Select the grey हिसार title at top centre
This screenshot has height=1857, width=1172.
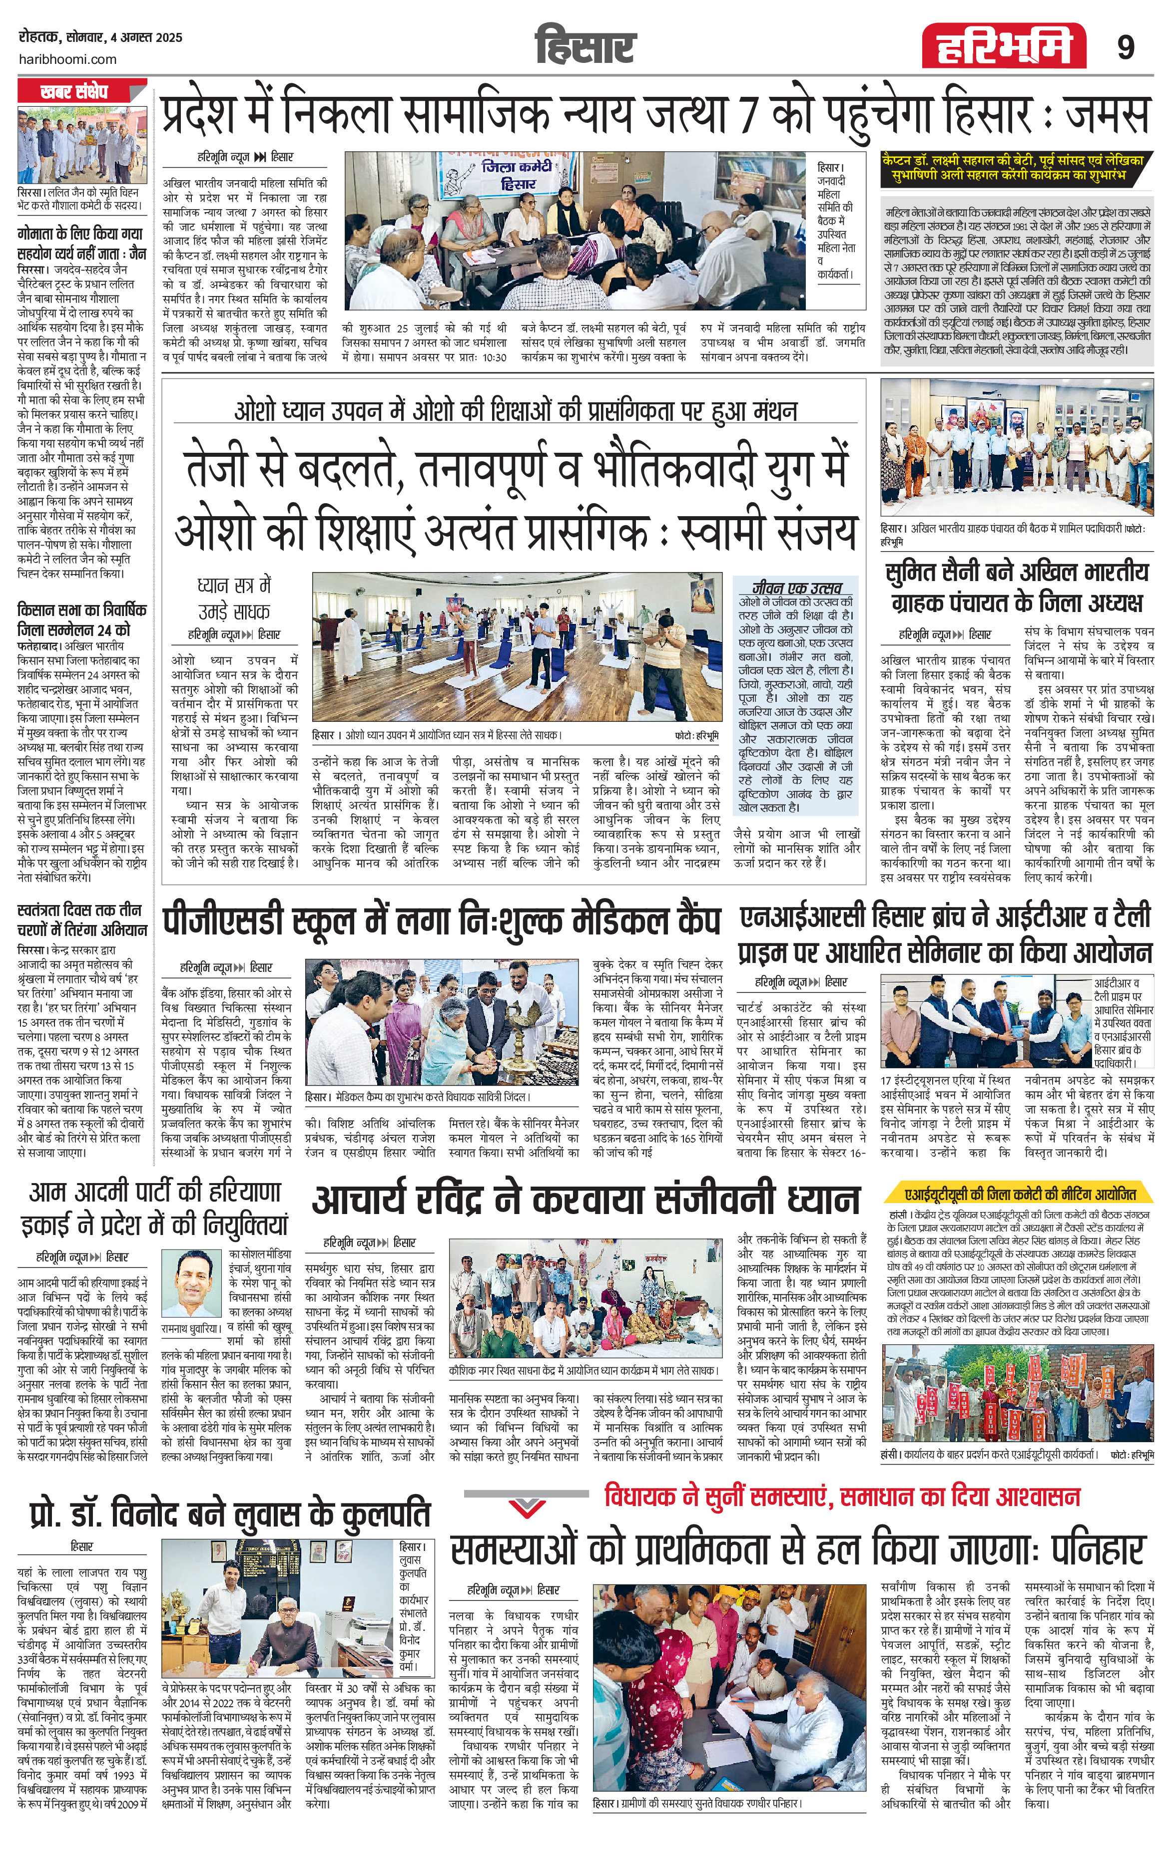click(x=586, y=46)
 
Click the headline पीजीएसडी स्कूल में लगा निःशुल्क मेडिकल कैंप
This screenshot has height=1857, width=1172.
click(x=441, y=922)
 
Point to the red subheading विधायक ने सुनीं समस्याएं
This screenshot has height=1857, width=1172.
click(x=841, y=1496)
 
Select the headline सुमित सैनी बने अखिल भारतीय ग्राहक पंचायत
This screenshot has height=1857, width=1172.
click(x=1017, y=588)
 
